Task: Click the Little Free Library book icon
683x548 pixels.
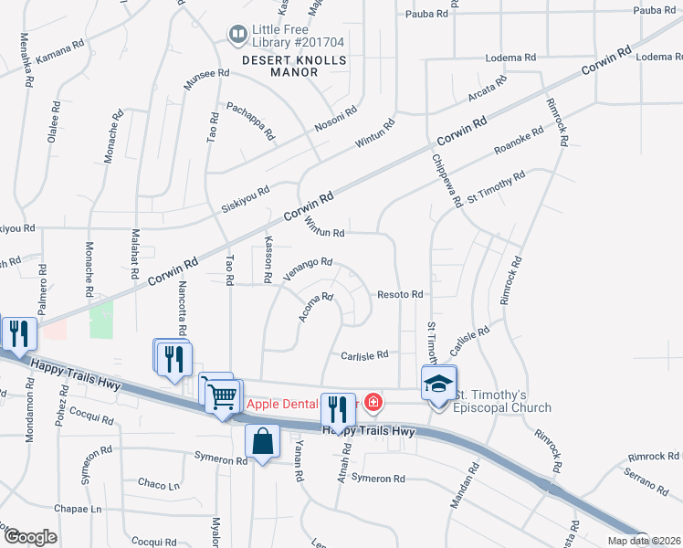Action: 238,35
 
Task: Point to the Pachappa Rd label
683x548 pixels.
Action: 250,120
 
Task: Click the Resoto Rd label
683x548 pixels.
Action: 401,295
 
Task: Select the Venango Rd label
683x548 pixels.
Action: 306,269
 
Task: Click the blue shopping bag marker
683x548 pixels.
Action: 263,441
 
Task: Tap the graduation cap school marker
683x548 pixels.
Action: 438,383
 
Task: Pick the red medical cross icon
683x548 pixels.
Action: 373,402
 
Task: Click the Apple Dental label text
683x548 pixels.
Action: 283,403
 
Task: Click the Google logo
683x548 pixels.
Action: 30,537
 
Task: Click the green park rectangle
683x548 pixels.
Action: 100,321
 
